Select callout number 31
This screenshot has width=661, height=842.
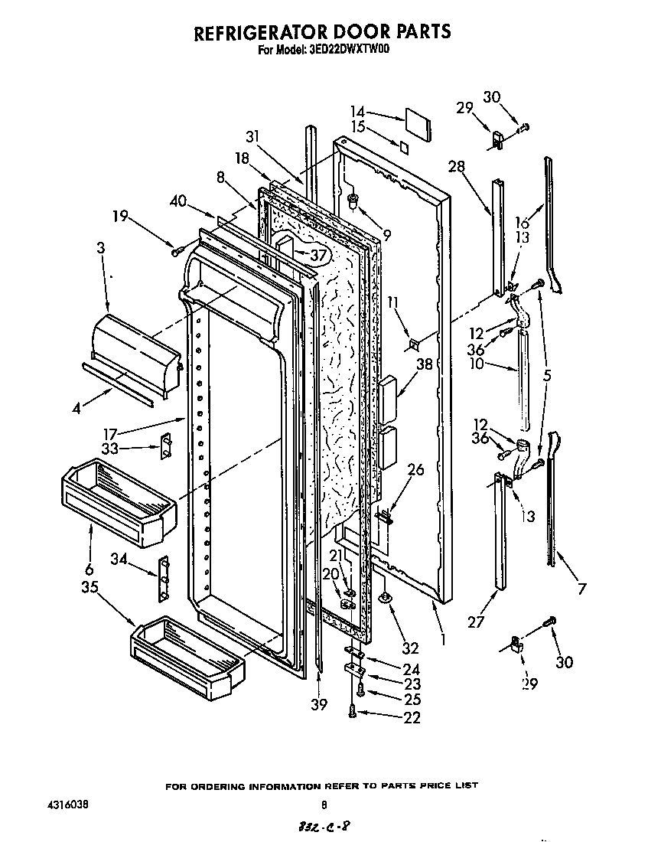253,136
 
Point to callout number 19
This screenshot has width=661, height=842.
120,217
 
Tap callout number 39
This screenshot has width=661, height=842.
319,703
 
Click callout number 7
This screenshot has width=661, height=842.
582,589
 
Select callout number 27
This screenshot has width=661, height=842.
476,622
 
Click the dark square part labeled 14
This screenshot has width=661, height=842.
417,120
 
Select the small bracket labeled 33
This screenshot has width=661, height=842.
164,446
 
